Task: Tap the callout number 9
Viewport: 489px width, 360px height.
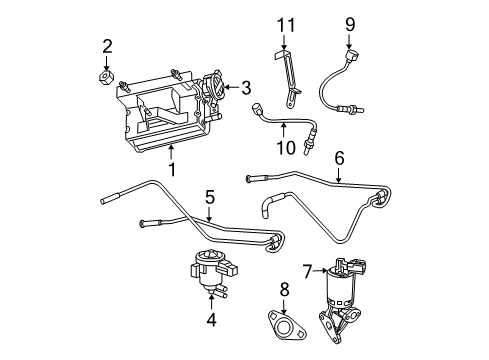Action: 350,21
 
